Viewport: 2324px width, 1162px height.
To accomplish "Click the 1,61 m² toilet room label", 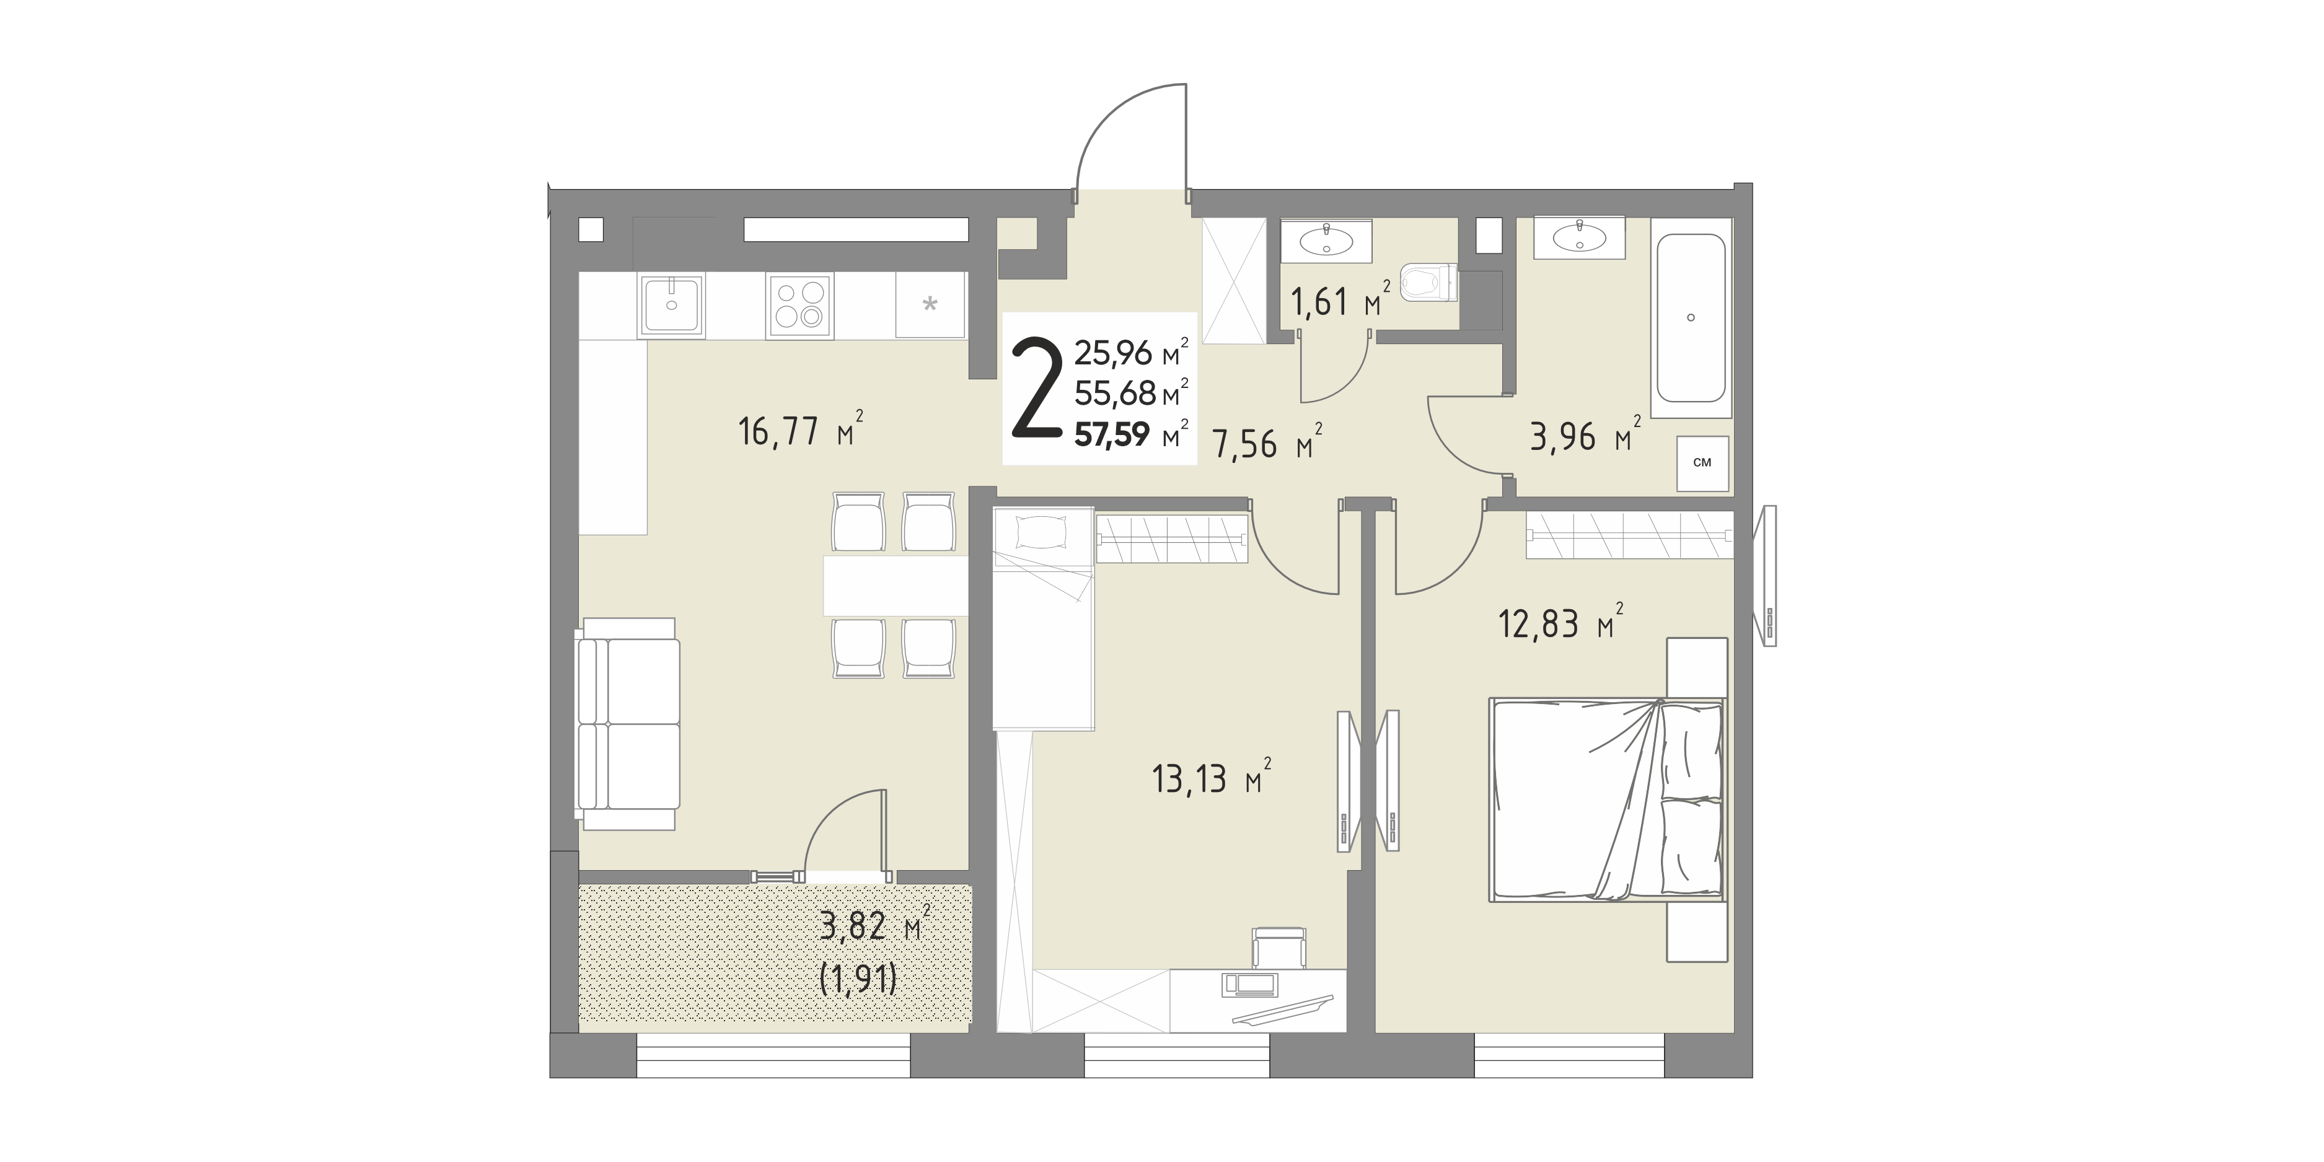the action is pyautogui.click(x=1340, y=301).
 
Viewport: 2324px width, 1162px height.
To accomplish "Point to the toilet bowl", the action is pyautogui.click(x=1429, y=283).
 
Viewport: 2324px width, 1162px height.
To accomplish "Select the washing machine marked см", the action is pyautogui.click(x=1702, y=464).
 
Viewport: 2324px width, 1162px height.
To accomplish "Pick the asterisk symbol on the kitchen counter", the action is pyautogui.click(x=929, y=304).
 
